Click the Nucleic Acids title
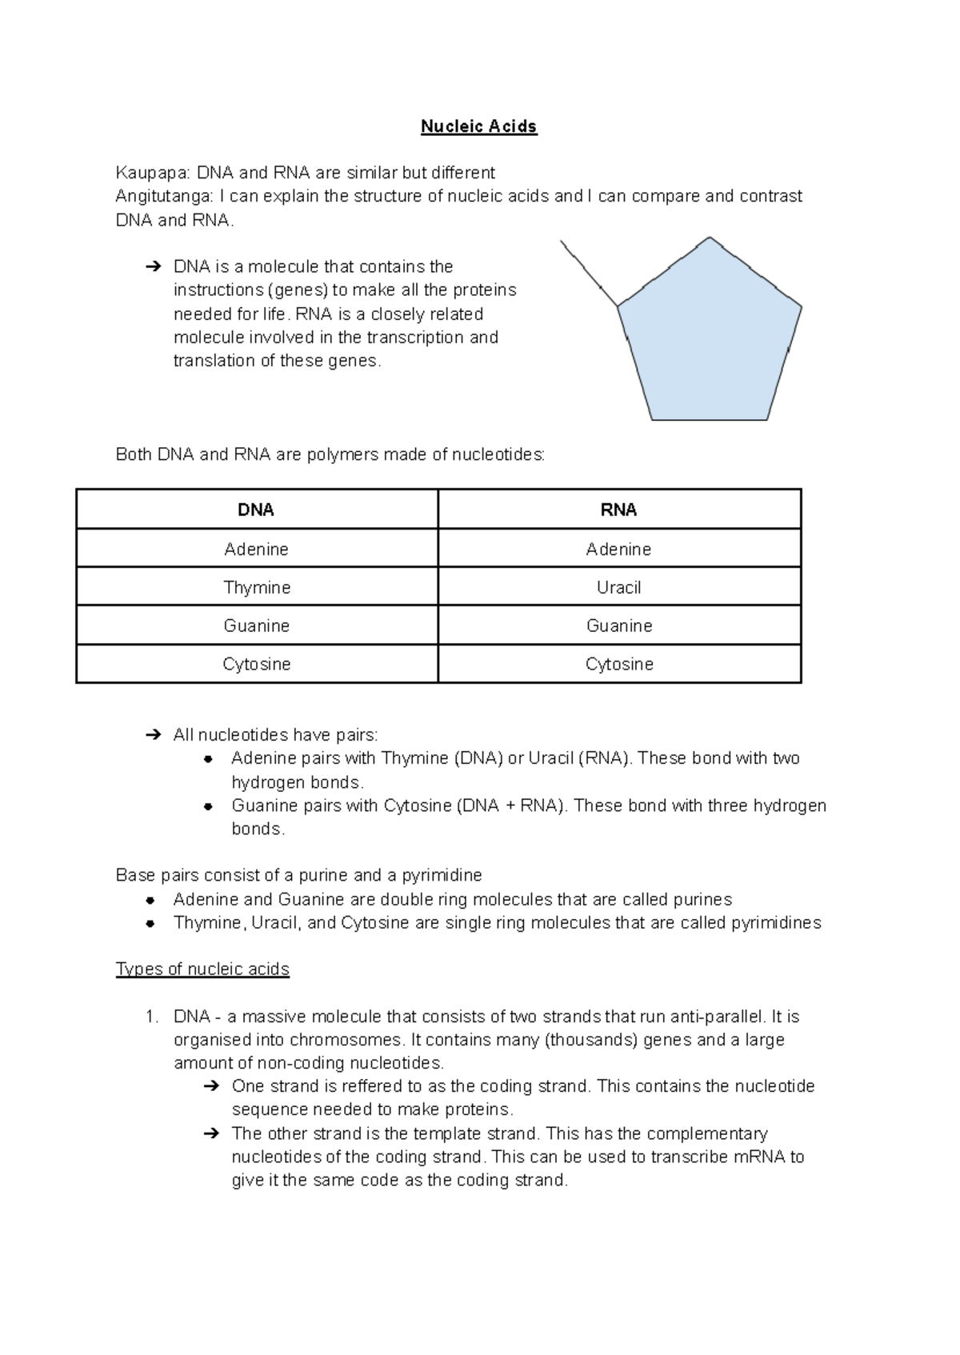(x=478, y=126)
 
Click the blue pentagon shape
(x=709, y=336)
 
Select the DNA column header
(x=256, y=510)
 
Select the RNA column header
(x=618, y=510)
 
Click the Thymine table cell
(x=256, y=587)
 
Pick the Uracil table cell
(x=618, y=587)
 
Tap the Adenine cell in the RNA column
(x=618, y=549)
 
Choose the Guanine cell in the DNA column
(x=256, y=626)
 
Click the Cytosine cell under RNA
(x=618, y=664)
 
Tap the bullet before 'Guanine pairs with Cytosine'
(x=208, y=806)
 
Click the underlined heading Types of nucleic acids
(x=202, y=969)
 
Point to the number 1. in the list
(x=151, y=1017)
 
